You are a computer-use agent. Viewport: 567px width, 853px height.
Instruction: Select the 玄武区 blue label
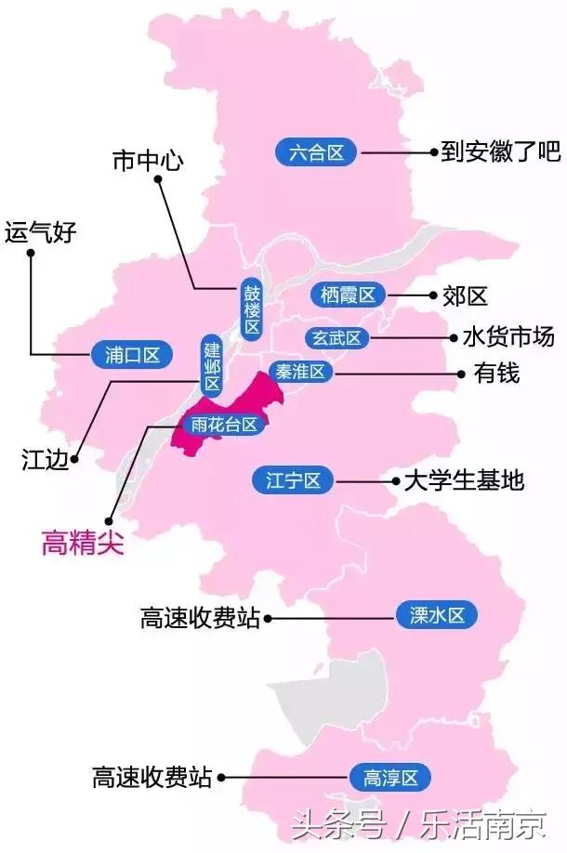[x=336, y=338]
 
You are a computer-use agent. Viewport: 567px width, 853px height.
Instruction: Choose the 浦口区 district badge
[x=126, y=354]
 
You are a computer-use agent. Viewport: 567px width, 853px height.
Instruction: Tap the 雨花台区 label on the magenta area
[x=222, y=426]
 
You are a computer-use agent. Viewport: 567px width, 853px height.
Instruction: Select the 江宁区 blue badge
[x=293, y=480]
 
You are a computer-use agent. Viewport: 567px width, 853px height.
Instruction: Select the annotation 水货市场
[x=507, y=336]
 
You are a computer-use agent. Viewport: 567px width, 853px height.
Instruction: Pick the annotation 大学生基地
[x=463, y=480]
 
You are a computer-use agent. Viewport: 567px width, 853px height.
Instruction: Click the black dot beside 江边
[x=75, y=457]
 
